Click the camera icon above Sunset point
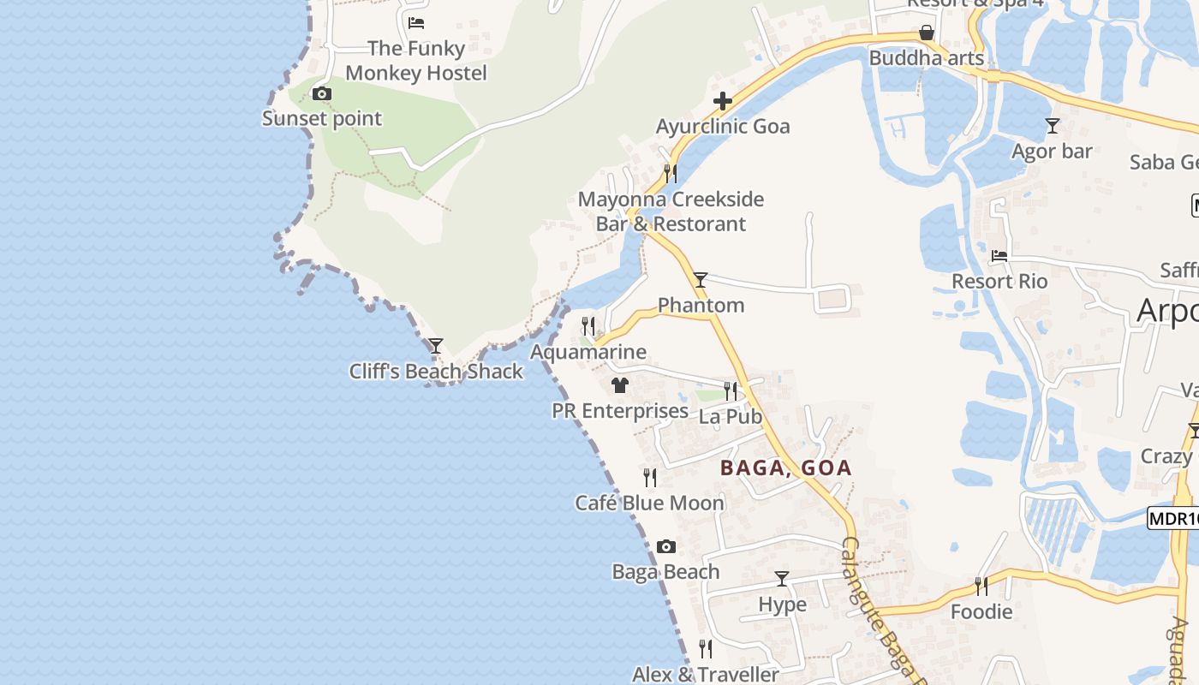click(322, 94)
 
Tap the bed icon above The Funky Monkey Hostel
click(416, 23)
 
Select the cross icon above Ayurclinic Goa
click(722, 102)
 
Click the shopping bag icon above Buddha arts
click(926, 33)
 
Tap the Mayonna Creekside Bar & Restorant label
click(671, 211)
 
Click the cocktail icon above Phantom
click(701, 280)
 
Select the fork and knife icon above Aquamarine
click(588, 326)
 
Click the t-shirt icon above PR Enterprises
click(620, 385)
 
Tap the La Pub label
click(730, 417)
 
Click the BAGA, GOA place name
click(785, 468)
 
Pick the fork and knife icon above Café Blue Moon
click(650, 477)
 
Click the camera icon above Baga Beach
click(665, 546)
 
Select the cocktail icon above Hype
click(782, 579)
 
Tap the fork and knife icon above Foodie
click(981, 587)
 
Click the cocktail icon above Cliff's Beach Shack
click(436, 346)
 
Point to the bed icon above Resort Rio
click(999, 255)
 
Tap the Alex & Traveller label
click(705, 674)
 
